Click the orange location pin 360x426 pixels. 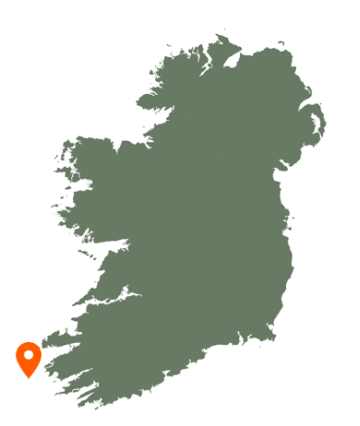coord(29,358)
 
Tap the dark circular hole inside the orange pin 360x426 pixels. coord(29,355)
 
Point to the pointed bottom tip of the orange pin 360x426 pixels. coord(29,377)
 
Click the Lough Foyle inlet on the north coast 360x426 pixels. coord(234,60)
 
